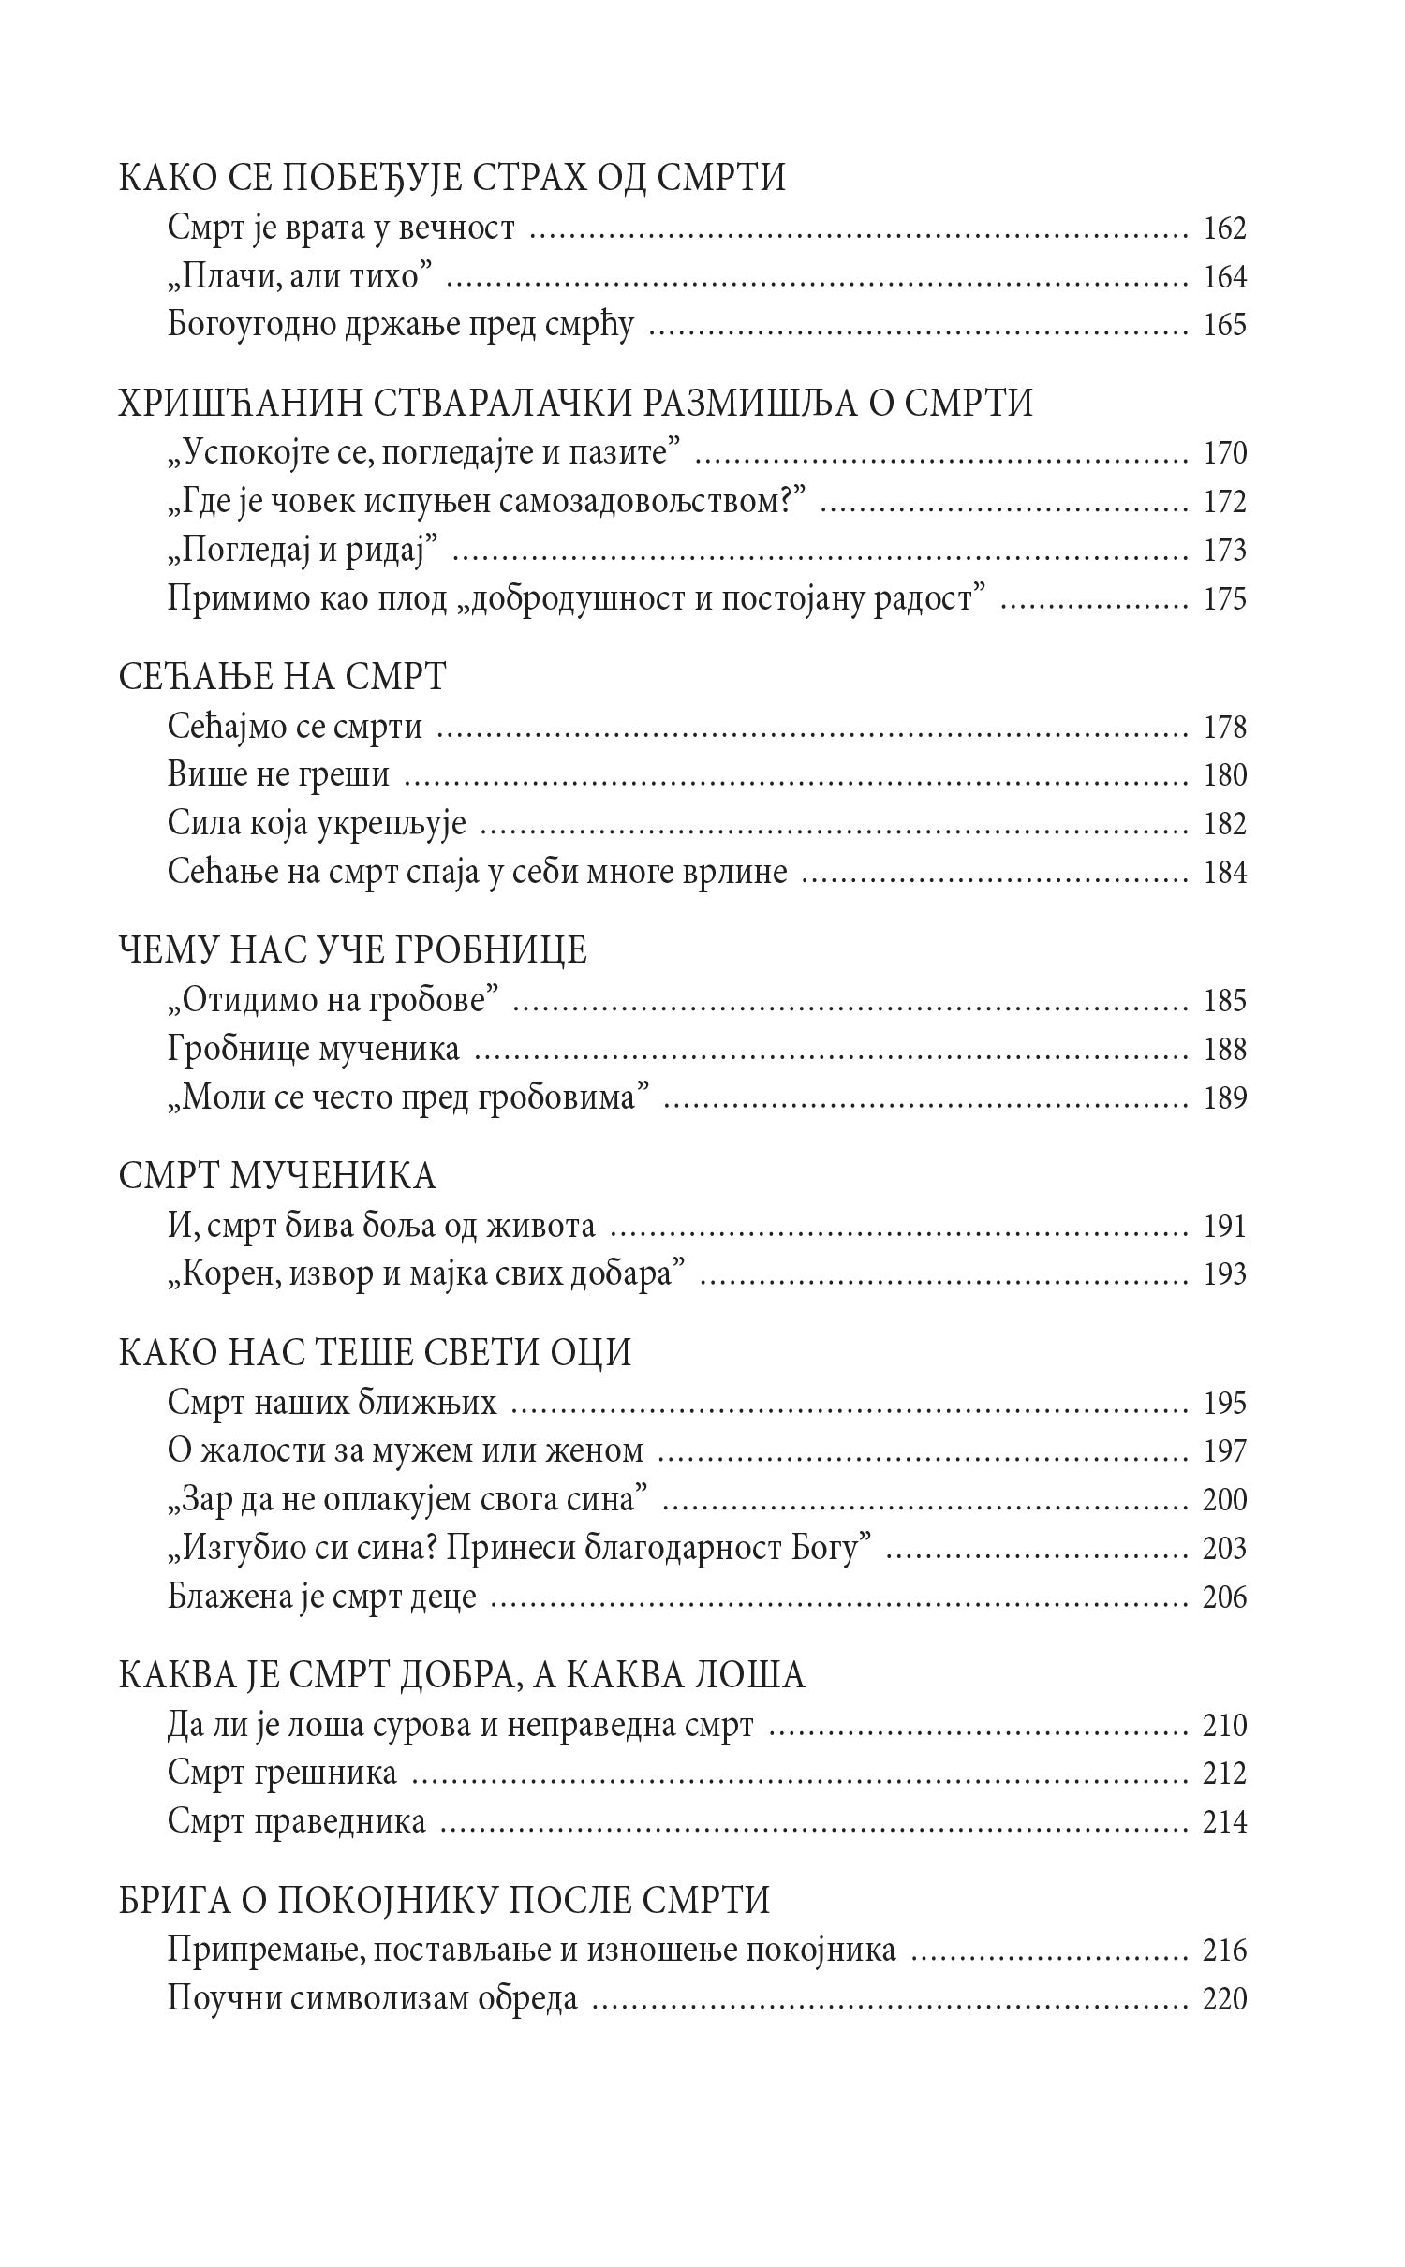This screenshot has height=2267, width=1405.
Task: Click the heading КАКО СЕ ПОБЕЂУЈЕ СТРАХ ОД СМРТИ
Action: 451,178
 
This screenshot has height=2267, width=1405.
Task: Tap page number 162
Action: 1224,228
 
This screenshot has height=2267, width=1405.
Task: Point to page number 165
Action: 1224,325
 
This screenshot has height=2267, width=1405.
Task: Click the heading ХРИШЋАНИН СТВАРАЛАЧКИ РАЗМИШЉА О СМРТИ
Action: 576,403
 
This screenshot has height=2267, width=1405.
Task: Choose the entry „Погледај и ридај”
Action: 304,550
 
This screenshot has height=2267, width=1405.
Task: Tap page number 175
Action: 1224,598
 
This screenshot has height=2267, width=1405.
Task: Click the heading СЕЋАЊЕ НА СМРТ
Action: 282,676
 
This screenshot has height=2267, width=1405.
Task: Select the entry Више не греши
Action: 278,775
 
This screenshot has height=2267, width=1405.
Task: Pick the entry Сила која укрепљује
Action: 317,824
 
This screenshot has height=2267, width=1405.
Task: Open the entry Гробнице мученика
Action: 314,1049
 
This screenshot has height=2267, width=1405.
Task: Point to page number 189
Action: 1224,1097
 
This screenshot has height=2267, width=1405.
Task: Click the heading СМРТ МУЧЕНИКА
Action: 277,1175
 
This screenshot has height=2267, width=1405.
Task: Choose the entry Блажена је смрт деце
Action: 322,1597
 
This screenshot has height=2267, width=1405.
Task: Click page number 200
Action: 1224,1499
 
